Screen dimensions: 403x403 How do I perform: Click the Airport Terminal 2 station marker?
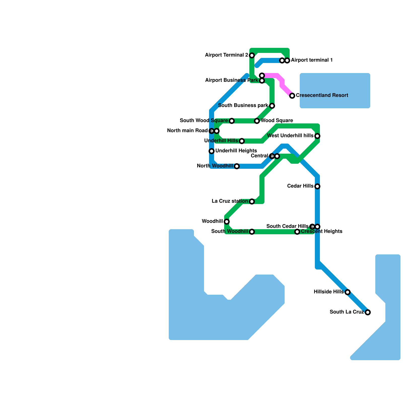[x=252, y=55]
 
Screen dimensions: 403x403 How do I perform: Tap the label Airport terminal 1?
[x=312, y=60]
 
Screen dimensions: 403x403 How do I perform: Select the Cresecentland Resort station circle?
[x=292, y=96]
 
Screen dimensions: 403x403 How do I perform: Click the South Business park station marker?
[x=272, y=106]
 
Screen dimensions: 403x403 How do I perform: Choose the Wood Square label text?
[x=277, y=121]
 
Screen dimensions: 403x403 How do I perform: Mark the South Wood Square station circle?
[x=232, y=121]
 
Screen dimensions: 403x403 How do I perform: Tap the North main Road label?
[x=187, y=131]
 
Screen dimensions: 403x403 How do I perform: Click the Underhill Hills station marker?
[x=242, y=141]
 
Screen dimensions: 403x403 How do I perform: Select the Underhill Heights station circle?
[x=212, y=151]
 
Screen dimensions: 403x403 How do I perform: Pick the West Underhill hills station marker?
[x=317, y=136]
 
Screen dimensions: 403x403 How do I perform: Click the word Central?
[x=259, y=156]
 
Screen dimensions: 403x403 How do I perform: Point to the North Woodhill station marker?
[x=237, y=166]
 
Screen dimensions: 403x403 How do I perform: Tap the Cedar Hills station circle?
[x=317, y=186]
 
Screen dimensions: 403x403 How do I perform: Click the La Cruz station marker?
[x=252, y=201]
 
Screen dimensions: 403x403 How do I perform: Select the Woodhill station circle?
[x=227, y=222]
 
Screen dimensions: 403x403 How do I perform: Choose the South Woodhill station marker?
[x=252, y=232]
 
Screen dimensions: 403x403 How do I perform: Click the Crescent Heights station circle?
[x=297, y=232]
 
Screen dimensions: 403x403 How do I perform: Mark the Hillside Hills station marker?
[x=348, y=292]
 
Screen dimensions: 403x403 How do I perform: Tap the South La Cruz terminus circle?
[x=368, y=312]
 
